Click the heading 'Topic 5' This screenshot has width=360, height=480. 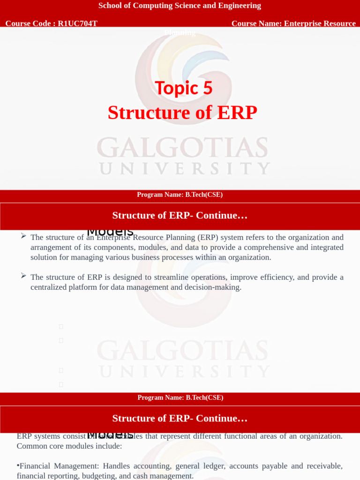(x=183, y=88)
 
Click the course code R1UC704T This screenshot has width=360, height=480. (x=77, y=23)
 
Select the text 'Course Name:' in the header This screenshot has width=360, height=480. (x=257, y=23)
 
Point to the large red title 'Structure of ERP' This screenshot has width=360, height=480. (x=182, y=113)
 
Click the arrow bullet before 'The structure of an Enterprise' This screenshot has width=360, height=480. (x=23, y=236)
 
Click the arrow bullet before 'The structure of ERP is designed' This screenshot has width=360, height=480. (x=23, y=276)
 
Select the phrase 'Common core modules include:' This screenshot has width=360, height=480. (x=69, y=446)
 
